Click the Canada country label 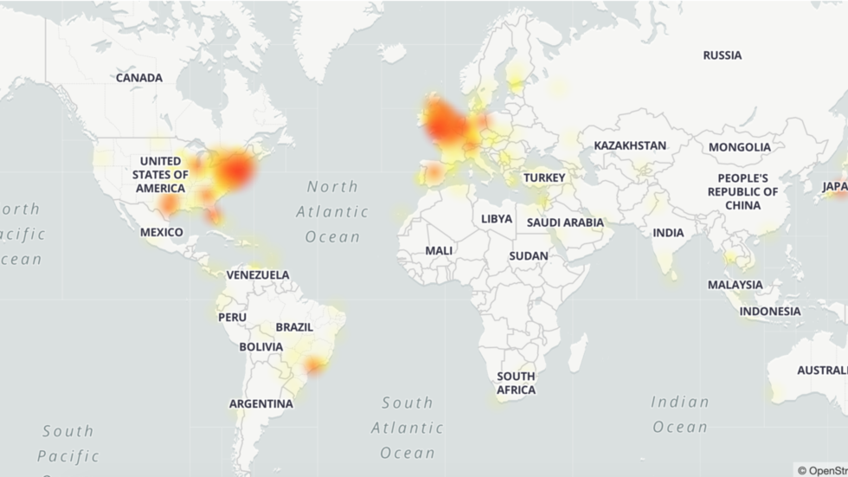click(139, 78)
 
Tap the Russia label click(722, 55)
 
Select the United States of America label click(159, 175)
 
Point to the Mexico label click(162, 232)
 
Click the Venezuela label click(258, 275)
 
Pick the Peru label click(232, 318)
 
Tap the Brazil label click(294, 327)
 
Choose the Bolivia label click(260, 347)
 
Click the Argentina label click(260, 403)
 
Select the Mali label click(439, 250)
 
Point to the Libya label click(497, 219)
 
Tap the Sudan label click(528, 256)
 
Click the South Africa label click(516, 383)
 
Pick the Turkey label click(543, 178)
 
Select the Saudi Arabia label click(566, 222)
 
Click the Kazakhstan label click(629, 145)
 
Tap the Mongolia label click(739, 147)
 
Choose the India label click(668, 233)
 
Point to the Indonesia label click(770, 312)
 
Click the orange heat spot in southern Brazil click(315, 367)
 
